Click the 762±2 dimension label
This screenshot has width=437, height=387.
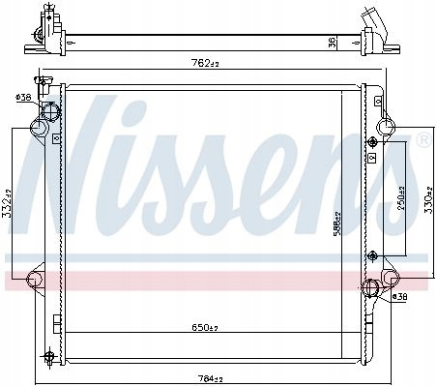205,63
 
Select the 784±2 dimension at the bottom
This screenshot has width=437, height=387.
210,379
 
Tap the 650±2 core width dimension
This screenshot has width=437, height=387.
205,328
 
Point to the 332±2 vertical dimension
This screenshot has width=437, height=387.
8,203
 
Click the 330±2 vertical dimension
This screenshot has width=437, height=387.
428,200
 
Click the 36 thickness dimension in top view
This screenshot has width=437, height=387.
333,43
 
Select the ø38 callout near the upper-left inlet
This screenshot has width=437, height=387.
23,97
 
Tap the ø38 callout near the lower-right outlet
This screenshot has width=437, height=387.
399,296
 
